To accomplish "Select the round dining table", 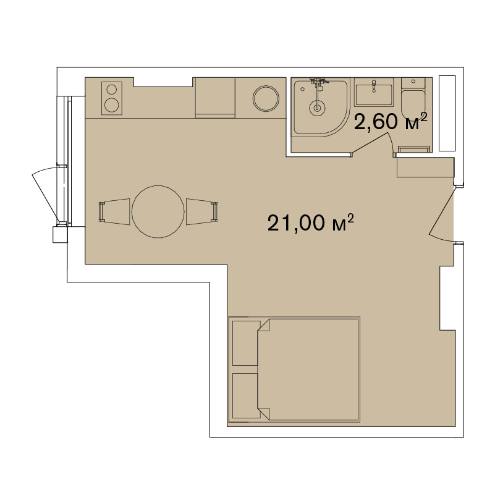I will click(159, 211).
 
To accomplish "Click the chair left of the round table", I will click(114, 211).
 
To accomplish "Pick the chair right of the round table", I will click(202, 211).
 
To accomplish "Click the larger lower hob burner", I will click(112, 104).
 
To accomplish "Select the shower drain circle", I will click(318, 108).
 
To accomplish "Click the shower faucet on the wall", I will click(319, 82).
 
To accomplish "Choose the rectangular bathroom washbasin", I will click(373, 95).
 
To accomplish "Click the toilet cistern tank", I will click(412, 83).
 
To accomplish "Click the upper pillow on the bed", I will click(245, 343).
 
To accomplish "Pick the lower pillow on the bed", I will click(245, 395).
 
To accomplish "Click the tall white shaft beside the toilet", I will click(447, 114).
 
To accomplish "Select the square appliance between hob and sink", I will click(215, 97).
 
